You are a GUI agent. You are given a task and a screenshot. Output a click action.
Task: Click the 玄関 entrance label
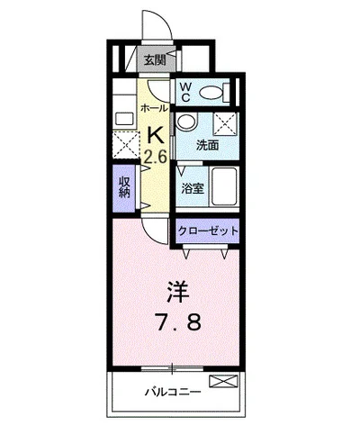[154, 60]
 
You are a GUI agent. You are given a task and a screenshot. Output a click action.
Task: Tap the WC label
[184, 91]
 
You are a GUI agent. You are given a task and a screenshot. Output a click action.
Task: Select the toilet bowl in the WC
[212, 91]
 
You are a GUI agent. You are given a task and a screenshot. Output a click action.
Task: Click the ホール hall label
[152, 108]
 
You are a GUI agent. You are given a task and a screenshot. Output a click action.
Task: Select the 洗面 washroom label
[207, 144]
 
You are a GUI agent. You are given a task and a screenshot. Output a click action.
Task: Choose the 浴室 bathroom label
[193, 190]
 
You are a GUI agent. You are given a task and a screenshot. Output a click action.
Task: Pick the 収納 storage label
[124, 186]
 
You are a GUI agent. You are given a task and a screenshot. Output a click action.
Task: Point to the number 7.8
[178, 322]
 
